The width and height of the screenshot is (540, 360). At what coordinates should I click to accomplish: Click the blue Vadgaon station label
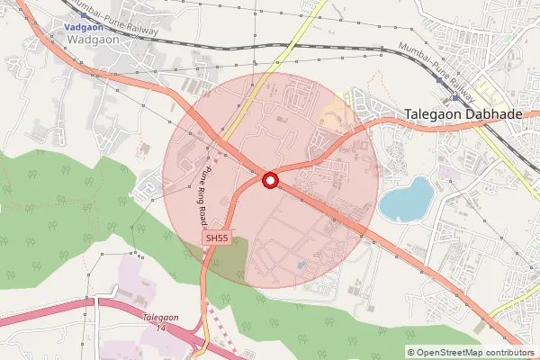point(83,28)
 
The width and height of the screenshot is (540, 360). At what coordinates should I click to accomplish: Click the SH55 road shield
point(216,238)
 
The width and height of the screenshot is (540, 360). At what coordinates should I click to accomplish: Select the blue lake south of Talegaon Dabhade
point(405,200)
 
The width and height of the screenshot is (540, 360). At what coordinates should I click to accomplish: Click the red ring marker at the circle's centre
point(269,181)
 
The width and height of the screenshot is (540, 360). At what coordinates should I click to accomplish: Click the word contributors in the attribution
point(513,353)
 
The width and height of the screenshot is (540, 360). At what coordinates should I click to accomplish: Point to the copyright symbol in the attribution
point(411,353)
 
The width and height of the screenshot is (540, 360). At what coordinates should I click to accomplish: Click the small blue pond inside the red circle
point(301,264)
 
